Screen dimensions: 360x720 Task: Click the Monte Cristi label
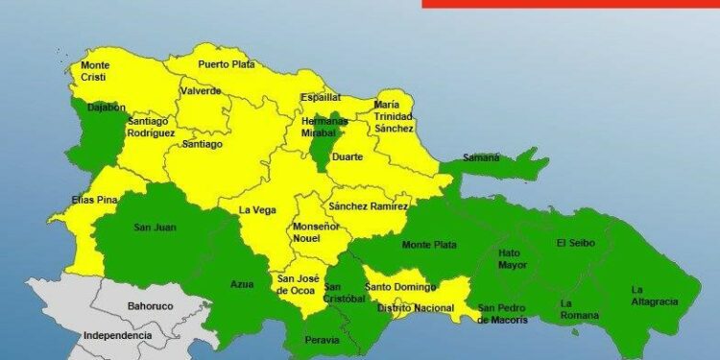pyautogui.click(x=96, y=71)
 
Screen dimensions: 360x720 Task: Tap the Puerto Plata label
pyautogui.click(x=227, y=64)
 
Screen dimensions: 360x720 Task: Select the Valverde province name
pyautogui.click(x=200, y=91)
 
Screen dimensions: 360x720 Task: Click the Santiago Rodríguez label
pyautogui.click(x=151, y=128)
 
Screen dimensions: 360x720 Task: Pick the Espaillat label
pyautogui.click(x=320, y=97)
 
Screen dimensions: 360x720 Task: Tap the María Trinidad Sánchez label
pyautogui.click(x=394, y=116)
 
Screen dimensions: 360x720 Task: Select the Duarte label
pyautogui.click(x=347, y=157)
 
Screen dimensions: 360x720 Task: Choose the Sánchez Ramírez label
pyautogui.click(x=369, y=206)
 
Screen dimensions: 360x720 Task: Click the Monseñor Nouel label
pyautogui.click(x=316, y=233)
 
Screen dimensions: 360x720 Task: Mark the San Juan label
pyautogui.click(x=154, y=228)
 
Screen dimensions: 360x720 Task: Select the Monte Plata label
pyautogui.click(x=429, y=245)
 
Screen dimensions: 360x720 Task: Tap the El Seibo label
pyautogui.click(x=575, y=243)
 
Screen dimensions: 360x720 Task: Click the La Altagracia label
pyautogui.click(x=655, y=295)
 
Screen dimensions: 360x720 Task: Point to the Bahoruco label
pyautogui.click(x=150, y=306)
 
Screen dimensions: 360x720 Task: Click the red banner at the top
pyautogui.click(x=570, y=3)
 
